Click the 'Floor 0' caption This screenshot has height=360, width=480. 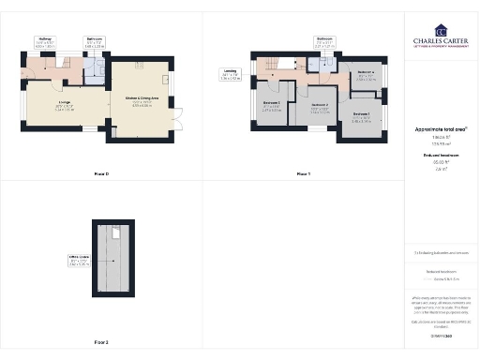101,174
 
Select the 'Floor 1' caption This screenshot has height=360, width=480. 303,174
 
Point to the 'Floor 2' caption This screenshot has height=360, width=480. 101,342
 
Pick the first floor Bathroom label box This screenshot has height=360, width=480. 324,41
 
